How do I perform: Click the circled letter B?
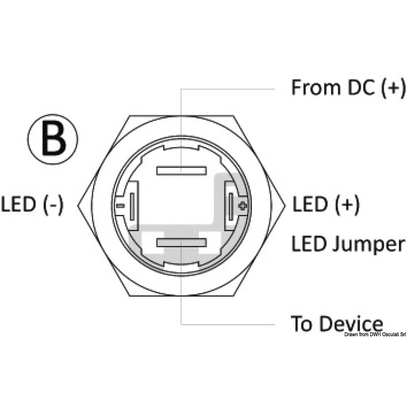click(53, 139)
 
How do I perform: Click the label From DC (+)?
click(348, 88)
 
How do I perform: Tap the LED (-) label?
click(32, 205)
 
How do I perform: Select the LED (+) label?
click(326, 205)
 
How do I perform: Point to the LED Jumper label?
click(348, 244)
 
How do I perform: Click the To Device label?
click(337, 324)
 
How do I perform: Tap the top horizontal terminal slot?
click(182, 170)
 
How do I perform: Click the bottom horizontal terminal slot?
click(182, 243)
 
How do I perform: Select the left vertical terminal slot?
click(132, 207)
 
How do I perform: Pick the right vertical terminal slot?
click(231, 207)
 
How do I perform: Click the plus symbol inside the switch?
click(243, 206)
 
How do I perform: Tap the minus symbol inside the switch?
click(120, 206)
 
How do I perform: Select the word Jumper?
click(368, 245)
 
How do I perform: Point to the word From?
click(315, 88)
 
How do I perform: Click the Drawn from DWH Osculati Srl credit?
click(375, 335)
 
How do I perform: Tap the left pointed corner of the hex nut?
click(78, 206)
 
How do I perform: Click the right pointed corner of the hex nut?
click(285, 206)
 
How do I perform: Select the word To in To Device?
click(301, 324)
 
